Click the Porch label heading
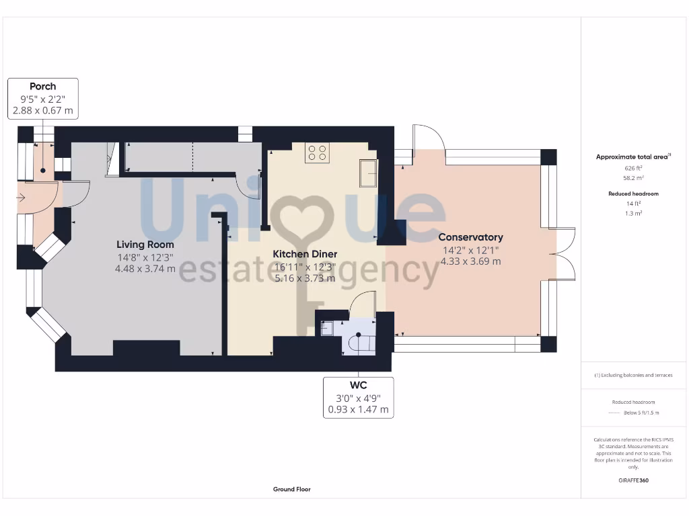tap(42, 86)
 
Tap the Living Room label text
tap(145, 245)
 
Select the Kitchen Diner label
tap(305, 254)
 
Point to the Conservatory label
tap(470, 237)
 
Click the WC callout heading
tap(358, 385)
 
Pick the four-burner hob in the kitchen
tap(317, 154)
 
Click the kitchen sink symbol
tap(369, 173)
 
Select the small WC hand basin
tap(327, 329)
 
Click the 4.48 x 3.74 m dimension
tap(145, 269)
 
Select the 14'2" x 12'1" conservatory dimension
tap(470, 251)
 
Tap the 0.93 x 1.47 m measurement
tap(358, 409)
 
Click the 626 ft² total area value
tap(630, 168)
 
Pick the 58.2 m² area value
tap(630, 178)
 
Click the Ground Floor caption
tap(292, 489)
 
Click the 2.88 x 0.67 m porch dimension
tap(42, 110)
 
